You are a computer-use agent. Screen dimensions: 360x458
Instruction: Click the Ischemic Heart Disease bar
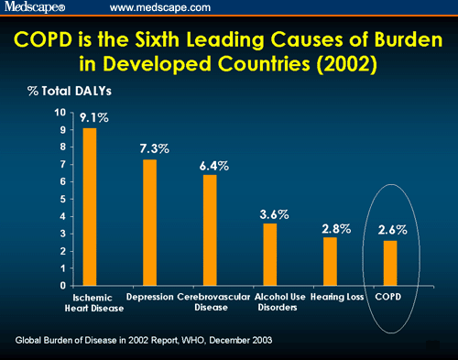click(90, 206)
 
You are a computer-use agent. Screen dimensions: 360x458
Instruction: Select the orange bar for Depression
click(150, 222)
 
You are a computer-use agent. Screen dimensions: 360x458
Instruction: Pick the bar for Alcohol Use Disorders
click(269, 254)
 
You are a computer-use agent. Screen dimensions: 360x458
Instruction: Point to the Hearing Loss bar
click(330, 261)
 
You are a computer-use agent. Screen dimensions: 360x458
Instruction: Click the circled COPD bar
click(390, 263)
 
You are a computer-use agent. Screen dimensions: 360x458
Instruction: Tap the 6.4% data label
click(213, 166)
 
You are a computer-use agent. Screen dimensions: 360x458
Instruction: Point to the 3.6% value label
click(274, 214)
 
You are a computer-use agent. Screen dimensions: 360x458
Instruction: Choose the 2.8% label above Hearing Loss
click(335, 229)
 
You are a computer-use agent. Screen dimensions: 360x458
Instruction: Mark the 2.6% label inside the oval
click(391, 230)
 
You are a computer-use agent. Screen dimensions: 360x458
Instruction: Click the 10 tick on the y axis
click(60, 113)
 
